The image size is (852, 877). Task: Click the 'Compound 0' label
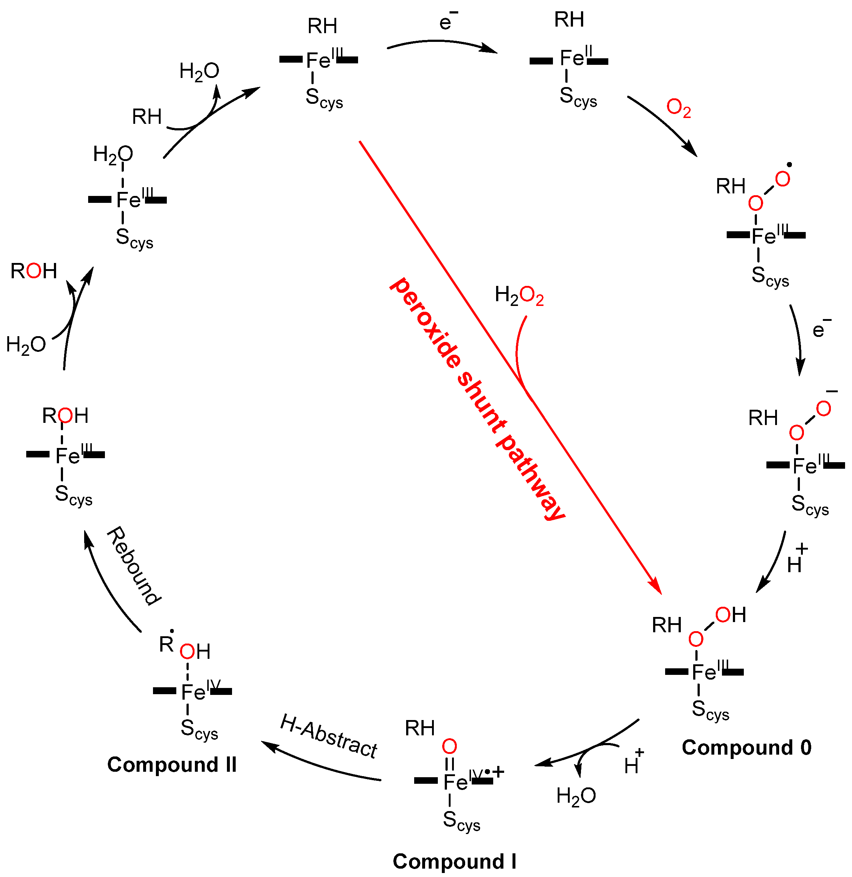click(x=746, y=748)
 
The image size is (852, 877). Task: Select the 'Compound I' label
click(x=454, y=861)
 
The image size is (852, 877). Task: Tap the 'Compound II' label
click(x=172, y=765)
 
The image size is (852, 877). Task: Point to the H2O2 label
click(x=519, y=296)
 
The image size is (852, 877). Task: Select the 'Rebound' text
click(x=133, y=566)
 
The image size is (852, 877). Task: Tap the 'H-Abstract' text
click(x=329, y=736)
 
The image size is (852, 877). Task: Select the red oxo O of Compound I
click(x=449, y=746)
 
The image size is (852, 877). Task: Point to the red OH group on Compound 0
click(x=730, y=615)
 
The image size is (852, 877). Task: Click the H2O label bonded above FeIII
click(x=113, y=155)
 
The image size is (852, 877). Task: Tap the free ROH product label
click(x=34, y=271)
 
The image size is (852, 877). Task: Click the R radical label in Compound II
click(x=166, y=644)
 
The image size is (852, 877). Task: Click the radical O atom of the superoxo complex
click(x=782, y=180)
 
